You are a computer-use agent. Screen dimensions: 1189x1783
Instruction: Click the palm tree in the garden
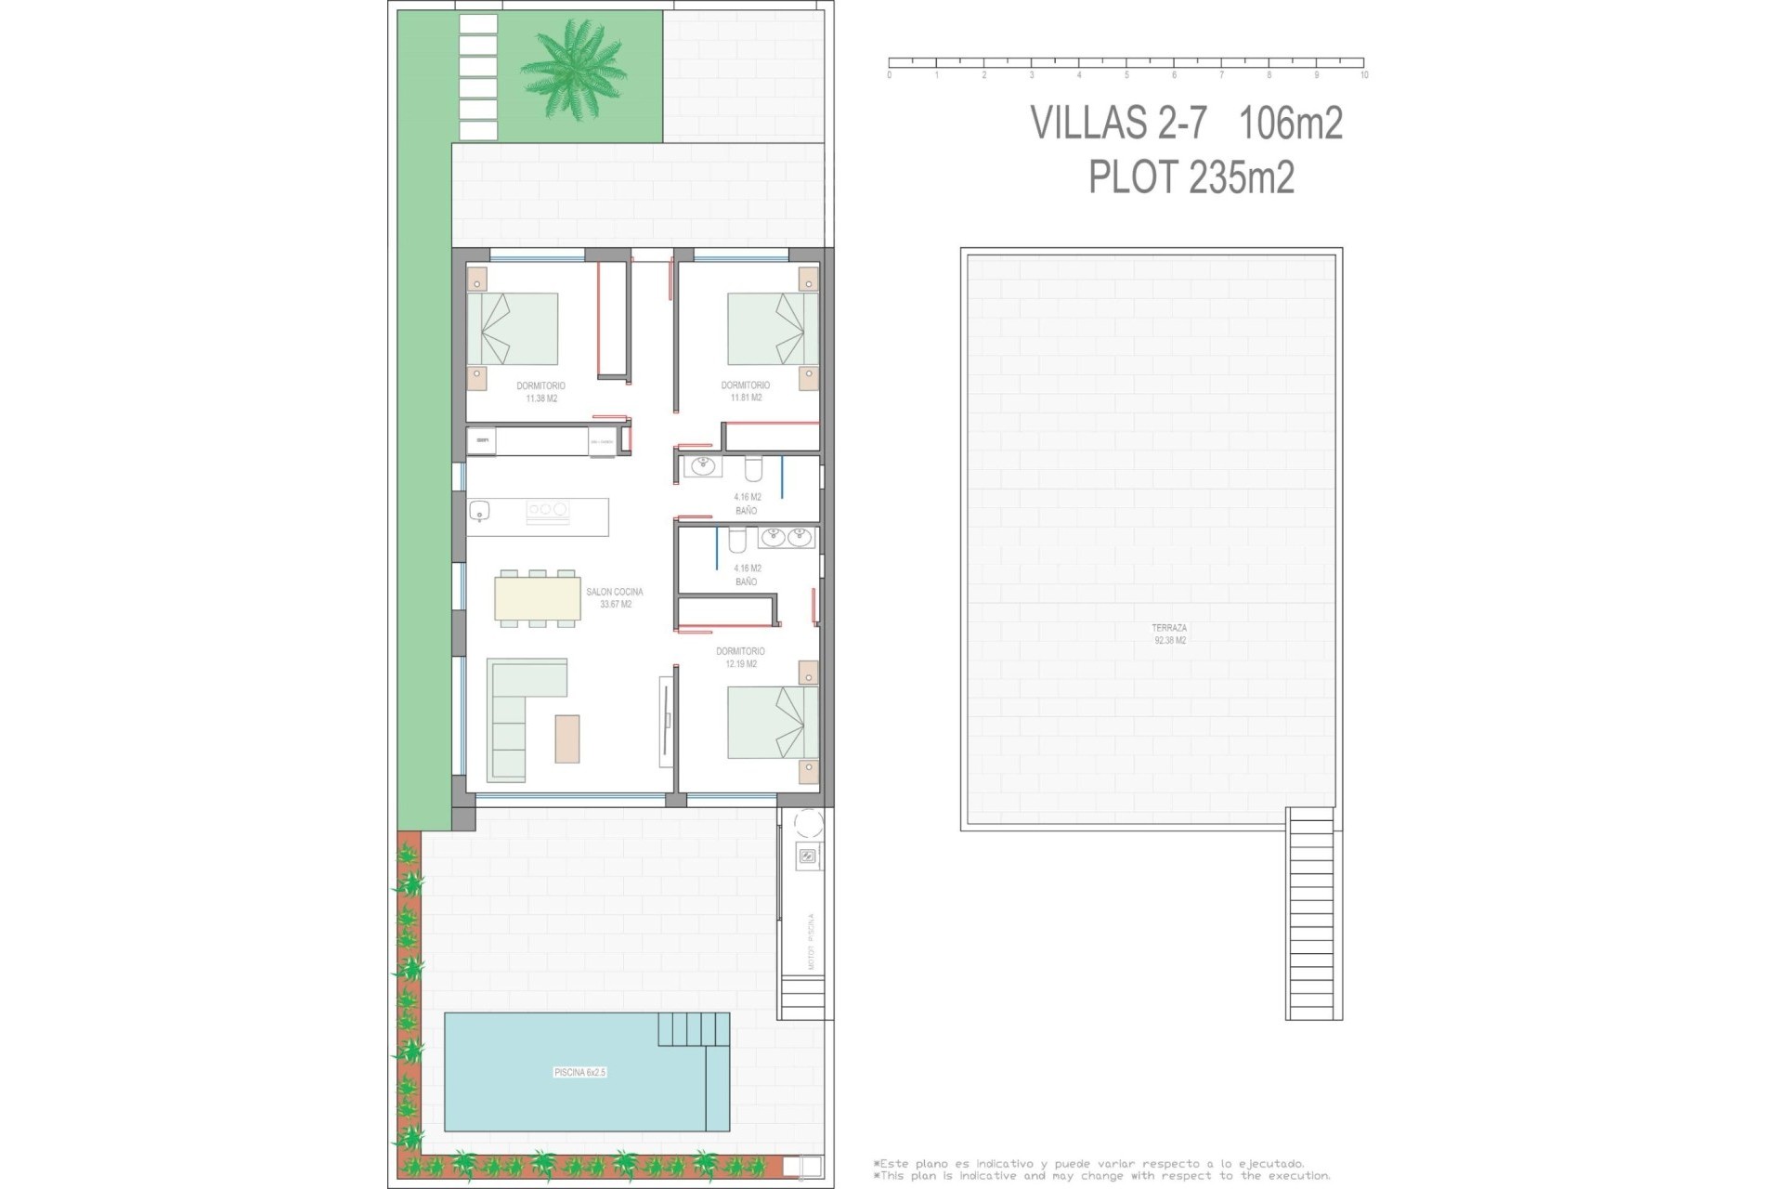tap(567, 68)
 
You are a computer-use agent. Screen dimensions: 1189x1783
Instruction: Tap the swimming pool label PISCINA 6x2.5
tap(579, 1072)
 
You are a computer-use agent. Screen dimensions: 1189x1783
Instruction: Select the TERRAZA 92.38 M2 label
tap(1169, 634)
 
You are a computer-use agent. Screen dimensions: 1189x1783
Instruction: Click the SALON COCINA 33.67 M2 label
tap(615, 597)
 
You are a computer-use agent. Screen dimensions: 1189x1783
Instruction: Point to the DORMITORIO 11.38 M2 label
tap(540, 391)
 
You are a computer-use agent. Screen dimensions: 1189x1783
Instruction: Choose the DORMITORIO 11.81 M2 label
tap(746, 391)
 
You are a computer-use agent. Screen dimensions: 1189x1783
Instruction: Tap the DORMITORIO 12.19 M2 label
tap(740, 658)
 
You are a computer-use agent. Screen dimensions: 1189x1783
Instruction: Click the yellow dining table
tap(538, 598)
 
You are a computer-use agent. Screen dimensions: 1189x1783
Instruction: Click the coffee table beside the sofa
tap(567, 738)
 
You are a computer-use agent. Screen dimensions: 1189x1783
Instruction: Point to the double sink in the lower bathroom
tap(786, 537)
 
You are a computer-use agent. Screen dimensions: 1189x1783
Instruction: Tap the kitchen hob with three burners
tap(547, 509)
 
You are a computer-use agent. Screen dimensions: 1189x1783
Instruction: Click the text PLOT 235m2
tap(1191, 177)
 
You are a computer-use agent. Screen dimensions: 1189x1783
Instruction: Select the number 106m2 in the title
tap(1291, 123)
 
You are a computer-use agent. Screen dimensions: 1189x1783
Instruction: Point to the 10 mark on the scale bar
tap(1363, 74)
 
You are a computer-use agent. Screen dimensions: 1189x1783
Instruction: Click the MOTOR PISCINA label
tap(811, 941)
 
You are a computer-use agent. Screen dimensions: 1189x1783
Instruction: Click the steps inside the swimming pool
tap(693, 1029)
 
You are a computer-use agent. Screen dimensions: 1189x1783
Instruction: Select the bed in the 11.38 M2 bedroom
tap(513, 329)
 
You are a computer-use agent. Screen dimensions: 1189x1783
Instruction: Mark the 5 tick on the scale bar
tap(1126, 74)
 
